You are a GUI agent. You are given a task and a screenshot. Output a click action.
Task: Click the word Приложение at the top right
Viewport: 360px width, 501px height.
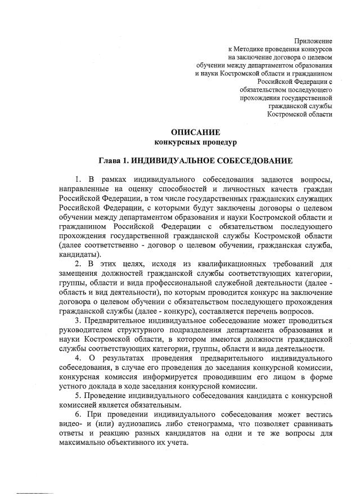tap(313, 41)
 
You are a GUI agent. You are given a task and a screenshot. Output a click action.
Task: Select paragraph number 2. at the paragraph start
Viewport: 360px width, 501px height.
tap(77, 263)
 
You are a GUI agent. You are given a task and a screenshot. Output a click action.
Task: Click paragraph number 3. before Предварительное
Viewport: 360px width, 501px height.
tap(77, 321)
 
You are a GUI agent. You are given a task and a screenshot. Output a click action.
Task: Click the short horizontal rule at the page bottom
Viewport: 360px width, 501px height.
tap(33, 493)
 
